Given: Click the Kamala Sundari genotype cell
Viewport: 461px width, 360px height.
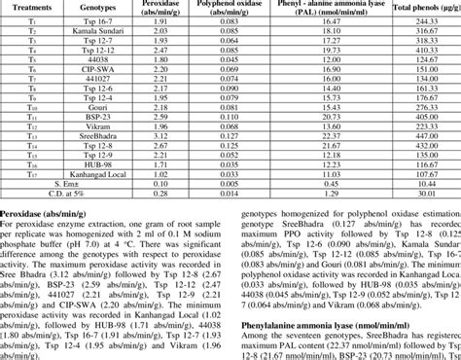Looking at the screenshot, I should pos(101,31).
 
